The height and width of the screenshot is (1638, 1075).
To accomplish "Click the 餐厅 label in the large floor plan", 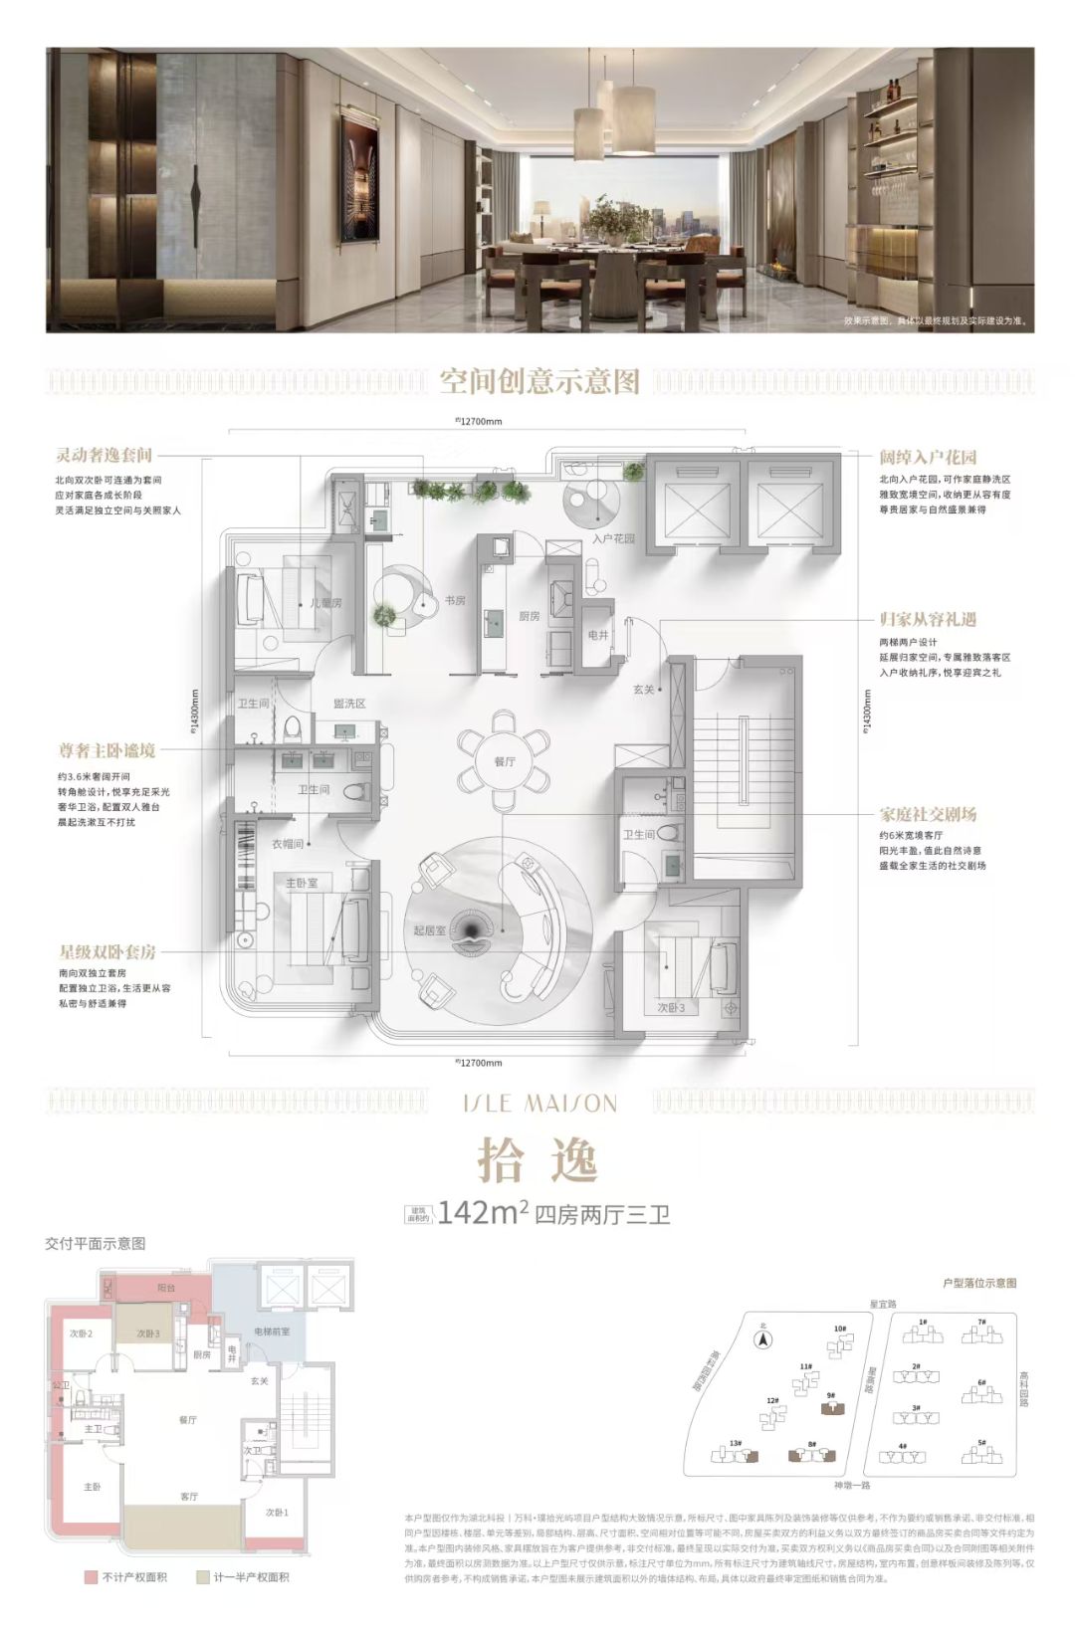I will click(505, 761).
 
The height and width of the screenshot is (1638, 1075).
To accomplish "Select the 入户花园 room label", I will click(613, 539).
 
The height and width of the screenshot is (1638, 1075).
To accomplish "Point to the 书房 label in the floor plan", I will click(455, 601).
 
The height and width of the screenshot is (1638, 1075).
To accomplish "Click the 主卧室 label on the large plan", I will click(302, 883).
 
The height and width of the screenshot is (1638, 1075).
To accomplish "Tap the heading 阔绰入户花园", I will click(928, 458).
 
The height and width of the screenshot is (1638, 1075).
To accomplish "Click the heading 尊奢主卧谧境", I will click(106, 751).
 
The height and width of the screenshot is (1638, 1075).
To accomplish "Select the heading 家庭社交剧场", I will click(928, 814).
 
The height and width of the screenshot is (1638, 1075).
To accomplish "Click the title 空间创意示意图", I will click(538, 382).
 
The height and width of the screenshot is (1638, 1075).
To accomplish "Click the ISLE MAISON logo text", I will click(538, 1104).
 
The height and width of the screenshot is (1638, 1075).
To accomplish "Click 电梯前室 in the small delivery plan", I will click(272, 1331).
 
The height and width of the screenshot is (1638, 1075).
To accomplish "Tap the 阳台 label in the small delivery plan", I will click(166, 1287).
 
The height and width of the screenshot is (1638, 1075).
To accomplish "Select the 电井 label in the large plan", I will click(597, 634).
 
